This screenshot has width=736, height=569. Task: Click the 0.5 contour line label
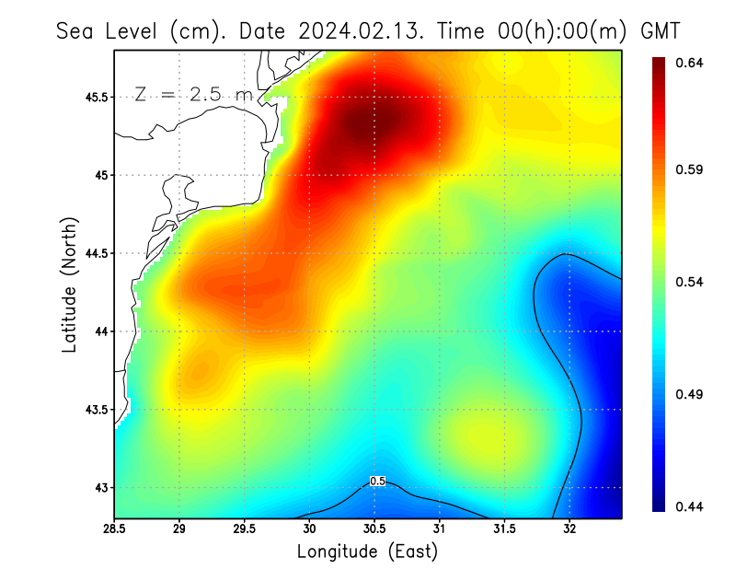pos(376,481)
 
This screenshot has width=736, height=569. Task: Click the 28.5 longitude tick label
pos(114,528)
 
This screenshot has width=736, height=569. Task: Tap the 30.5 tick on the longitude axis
pos(374,528)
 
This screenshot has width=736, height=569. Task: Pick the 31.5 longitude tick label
pos(503,528)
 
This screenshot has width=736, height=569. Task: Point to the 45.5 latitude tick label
pos(92,97)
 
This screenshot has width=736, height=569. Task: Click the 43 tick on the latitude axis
pos(98,487)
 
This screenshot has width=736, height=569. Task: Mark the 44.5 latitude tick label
pos(92,253)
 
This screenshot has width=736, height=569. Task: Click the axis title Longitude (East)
pos(367,552)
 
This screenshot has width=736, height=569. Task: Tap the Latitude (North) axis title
pos(69,284)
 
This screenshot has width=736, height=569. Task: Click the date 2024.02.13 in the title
pos(358,30)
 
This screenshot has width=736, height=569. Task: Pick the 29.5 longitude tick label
pos(244,528)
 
